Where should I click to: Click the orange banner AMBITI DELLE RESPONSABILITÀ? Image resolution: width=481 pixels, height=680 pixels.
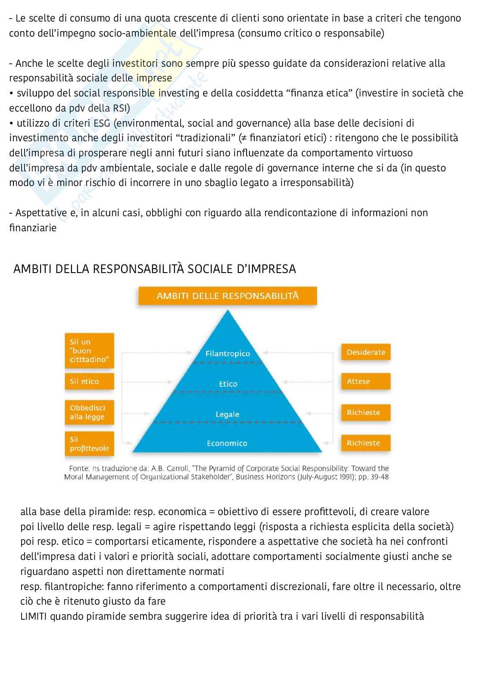click(x=227, y=296)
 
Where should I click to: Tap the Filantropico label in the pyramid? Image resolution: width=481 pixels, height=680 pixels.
click(x=228, y=354)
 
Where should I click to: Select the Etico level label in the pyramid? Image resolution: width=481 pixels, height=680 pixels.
click(x=228, y=384)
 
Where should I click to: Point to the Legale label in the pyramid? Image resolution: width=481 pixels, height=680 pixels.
click(x=227, y=414)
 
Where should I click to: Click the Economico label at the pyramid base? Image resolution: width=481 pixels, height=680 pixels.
click(x=227, y=443)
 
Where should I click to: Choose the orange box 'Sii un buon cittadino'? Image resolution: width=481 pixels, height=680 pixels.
click(x=89, y=351)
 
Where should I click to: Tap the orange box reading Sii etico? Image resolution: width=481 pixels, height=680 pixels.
click(x=89, y=381)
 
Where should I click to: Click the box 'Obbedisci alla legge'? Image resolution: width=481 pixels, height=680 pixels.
click(x=89, y=412)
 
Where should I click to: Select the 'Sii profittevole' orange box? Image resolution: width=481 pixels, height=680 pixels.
click(x=89, y=444)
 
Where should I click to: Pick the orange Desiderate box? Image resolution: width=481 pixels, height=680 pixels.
click(x=365, y=352)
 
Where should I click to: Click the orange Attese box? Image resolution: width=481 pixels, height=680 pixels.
click(x=365, y=381)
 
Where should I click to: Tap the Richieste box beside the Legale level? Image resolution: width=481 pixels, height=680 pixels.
click(x=365, y=412)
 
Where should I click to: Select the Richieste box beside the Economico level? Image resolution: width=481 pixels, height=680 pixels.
click(x=365, y=443)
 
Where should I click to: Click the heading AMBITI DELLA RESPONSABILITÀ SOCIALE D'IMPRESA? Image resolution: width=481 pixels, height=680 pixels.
click(x=155, y=269)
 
